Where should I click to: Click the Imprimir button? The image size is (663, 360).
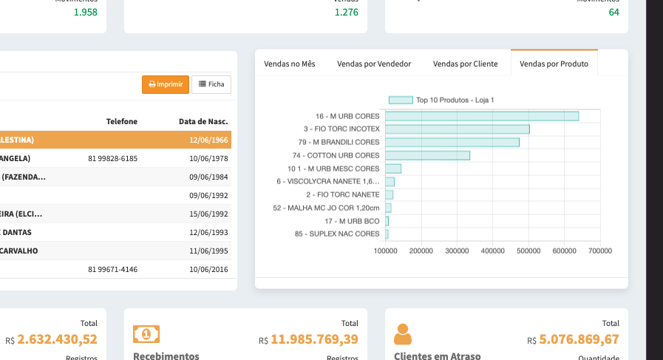click(x=166, y=84)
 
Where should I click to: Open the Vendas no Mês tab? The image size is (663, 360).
click(x=290, y=64)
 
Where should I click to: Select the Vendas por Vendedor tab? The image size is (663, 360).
click(x=374, y=64)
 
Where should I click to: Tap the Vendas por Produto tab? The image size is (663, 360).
click(x=554, y=64)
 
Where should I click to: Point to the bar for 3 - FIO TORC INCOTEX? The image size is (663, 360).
click(x=457, y=129)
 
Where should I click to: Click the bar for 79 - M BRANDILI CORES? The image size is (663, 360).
click(x=452, y=142)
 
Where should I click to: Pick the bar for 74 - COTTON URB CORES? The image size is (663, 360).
click(x=427, y=155)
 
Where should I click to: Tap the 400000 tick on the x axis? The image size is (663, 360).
click(x=492, y=251)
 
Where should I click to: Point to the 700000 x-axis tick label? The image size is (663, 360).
click(x=599, y=251)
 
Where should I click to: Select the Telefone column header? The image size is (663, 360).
click(x=122, y=121)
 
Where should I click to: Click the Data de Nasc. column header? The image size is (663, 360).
click(x=203, y=121)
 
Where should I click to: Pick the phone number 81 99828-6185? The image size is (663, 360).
click(x=112, y=158)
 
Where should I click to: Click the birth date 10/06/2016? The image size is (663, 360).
click(x=208, y=269)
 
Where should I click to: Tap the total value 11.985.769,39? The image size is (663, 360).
click(x=314, y=339)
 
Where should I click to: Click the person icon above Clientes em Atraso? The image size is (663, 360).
click(x=403, y=334)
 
